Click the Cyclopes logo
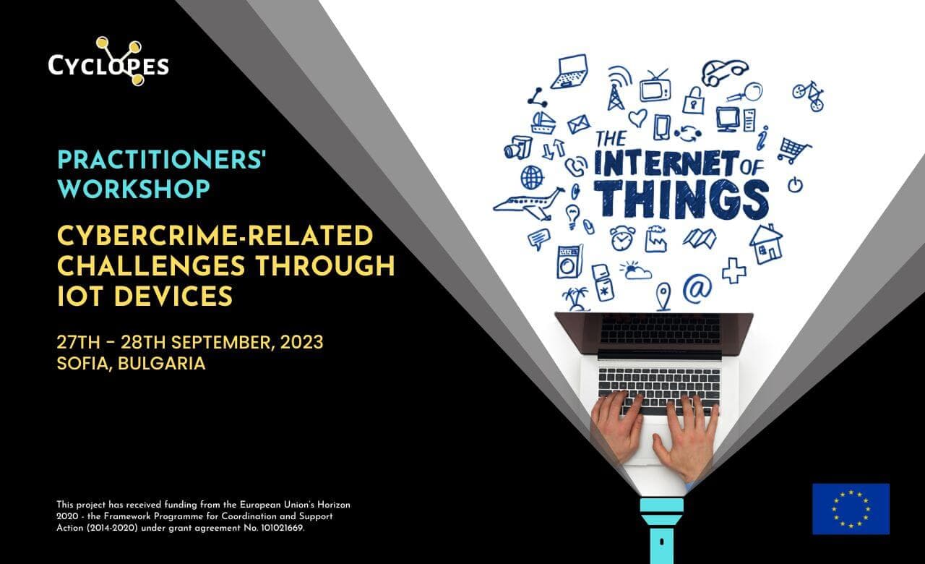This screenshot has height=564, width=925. [x=108, y=62]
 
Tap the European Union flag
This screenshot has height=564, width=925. [x=851, y=508]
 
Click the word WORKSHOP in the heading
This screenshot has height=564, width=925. [x=134, y=189]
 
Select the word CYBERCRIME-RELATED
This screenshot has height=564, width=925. [x=215, y=236]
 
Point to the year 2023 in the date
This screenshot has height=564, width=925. [x=302, y=343]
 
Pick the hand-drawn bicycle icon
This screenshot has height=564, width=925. [x=808, y=96]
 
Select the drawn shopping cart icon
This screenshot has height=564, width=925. [x=793, y=151]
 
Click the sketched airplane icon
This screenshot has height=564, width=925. [x=528, y=203]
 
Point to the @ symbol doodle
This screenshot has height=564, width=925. [x=697, y=288]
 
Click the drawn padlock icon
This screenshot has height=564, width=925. [x=693, y=101]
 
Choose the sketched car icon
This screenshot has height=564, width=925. [x=725, y=72]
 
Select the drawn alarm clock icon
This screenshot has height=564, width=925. [x=622, y=238]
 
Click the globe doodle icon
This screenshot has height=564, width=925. [x=532, y=178]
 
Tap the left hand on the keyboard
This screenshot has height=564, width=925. [x=616, y=426]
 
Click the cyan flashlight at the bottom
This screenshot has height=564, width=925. [x=662, y=531]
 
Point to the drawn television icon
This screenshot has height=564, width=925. [x=655, y=87]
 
